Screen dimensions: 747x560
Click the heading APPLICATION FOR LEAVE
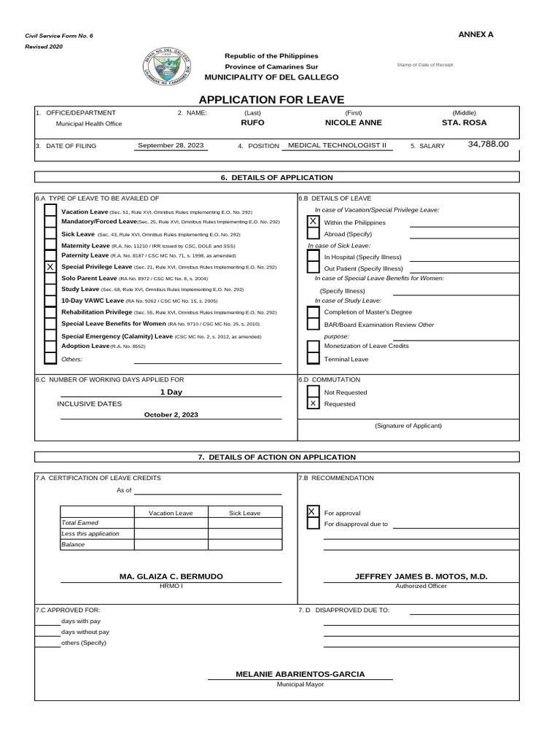(271, 99)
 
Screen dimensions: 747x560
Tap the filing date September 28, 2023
(171, 146)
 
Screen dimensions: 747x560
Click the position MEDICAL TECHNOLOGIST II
(337, 146)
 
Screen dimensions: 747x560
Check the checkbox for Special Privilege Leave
(50, 268)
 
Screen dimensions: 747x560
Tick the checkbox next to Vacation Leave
(50, 211)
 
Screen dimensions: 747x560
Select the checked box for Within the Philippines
(313, 221)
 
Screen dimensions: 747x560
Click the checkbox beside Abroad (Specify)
(313, 233)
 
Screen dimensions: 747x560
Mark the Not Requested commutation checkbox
(313, 392)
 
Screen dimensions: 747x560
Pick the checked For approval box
(313, 512)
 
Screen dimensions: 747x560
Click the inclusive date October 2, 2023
(171, 414)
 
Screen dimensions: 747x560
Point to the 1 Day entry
(171, 392)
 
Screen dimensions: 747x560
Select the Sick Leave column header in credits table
(244, 513)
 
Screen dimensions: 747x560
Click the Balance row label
(73, 544)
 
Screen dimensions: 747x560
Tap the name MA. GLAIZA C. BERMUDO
(171, 576)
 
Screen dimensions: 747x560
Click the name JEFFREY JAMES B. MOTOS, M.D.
(421, 576)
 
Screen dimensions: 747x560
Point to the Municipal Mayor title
(300, 685)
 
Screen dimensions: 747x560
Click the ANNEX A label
(475, 34)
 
